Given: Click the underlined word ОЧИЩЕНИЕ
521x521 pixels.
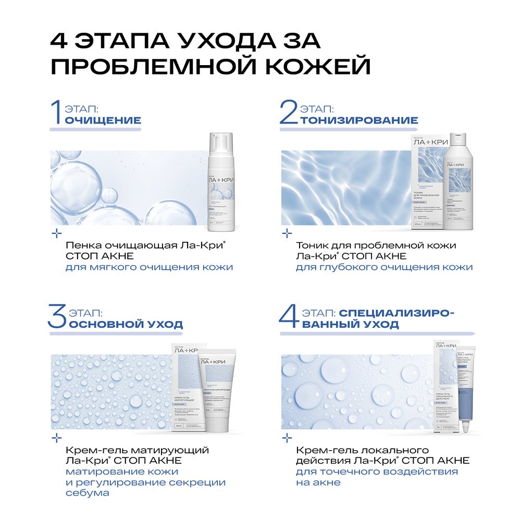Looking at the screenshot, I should pos(102,120).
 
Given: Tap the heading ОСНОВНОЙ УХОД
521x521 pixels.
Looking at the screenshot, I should pos(126,324).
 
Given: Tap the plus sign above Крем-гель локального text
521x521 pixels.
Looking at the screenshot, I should pos(286,437).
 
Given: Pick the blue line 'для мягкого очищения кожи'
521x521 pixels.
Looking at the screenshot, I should pos(149,267).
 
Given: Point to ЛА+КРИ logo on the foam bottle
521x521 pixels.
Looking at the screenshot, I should pos(221,180).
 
